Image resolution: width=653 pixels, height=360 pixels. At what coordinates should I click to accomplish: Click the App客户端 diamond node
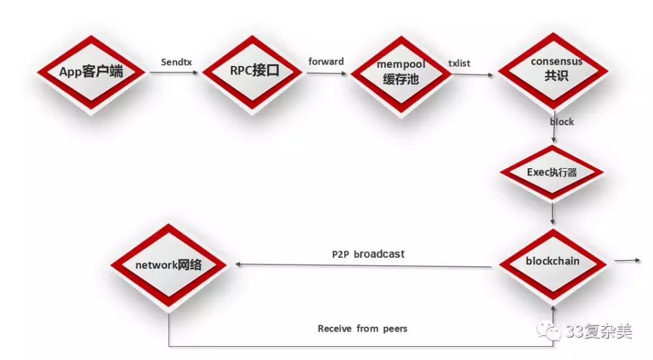point(91,72)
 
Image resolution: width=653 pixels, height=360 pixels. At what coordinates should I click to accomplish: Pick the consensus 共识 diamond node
point(556,70)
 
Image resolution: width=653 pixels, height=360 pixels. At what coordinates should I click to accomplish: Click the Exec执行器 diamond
point(552,172)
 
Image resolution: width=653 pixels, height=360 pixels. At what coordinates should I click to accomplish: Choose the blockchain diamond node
point(552,261)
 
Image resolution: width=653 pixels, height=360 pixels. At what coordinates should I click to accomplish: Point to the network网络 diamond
point(169,265)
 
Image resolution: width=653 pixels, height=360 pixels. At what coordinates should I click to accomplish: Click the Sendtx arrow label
point(177,62)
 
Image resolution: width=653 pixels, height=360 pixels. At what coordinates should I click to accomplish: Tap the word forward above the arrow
point(326,62)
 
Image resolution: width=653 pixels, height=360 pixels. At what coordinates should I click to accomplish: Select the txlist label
point(459,63)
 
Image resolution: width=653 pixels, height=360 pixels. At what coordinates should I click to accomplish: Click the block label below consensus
point(562,122)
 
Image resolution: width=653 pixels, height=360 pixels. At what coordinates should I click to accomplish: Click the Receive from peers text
point(363,329)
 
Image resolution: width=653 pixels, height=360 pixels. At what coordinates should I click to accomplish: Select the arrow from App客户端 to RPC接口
point(174,73)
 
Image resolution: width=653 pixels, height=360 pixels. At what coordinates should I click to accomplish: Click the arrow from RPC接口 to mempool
point(326,73)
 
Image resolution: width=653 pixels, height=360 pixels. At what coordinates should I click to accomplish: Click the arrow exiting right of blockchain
point(627,261)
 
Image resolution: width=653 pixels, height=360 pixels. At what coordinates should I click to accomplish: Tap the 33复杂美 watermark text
point(599,331)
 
